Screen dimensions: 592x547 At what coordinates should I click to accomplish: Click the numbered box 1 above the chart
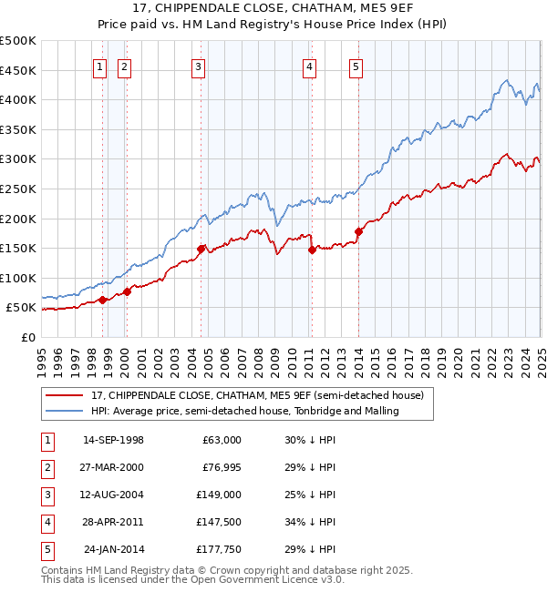[x=98, y=66]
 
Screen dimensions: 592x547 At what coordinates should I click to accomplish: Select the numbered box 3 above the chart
[x=198, y=66]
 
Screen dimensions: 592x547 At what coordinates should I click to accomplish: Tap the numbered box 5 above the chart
[x=355, y=66]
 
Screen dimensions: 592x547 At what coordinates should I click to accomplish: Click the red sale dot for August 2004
[x=201, y=248]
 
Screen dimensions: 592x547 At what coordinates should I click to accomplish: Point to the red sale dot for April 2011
[x=312, y=249]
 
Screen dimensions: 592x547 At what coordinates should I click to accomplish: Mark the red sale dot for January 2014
[x=358, y=231]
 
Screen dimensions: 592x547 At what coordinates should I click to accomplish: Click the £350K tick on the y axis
[x=19, y=130]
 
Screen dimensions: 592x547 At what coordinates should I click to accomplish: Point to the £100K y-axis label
[x=19, y=278]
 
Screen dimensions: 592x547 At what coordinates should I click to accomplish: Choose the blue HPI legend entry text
[x=244, y=411]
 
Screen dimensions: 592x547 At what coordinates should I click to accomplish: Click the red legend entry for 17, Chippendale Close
[x=257, y=395]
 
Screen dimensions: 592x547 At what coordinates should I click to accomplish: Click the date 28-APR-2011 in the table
[x=113, y=522]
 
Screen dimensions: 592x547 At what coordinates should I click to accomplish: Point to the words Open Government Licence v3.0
[x=268, y=578]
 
